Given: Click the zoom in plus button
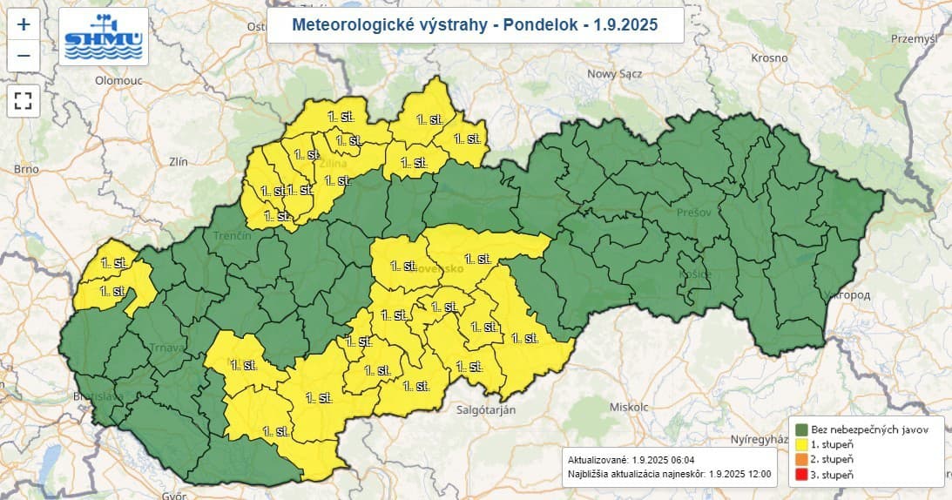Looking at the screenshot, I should click(24, 24).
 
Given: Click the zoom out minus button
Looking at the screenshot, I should click(24, 57).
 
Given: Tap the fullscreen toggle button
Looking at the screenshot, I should click(24, 100).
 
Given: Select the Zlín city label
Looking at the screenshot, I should click(179, 162).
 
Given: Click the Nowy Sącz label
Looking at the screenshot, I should click(614, 74).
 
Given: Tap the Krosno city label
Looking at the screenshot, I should click(769, 58).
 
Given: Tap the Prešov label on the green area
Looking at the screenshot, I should click(693, 212).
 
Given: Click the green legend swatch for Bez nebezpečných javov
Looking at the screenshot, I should click(801, 429).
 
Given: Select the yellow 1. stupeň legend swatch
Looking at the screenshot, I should click(801, 444).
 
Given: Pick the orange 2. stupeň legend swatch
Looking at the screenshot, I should click(801, 459).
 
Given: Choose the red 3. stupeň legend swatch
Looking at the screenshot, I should click(801, 474).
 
